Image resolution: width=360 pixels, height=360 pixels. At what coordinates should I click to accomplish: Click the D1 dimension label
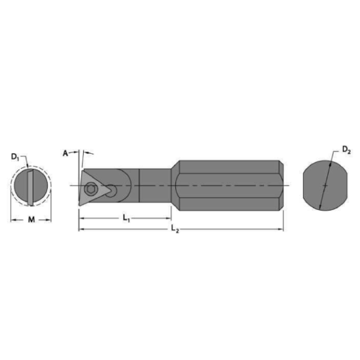15,158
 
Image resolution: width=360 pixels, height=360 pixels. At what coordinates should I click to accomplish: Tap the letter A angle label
65,153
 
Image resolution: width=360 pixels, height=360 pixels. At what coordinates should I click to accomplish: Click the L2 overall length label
174,228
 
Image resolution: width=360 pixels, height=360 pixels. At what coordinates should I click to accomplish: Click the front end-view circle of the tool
31,186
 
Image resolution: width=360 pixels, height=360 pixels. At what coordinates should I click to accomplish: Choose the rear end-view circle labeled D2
324,186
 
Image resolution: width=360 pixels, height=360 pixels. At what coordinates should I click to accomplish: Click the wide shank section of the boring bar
229,185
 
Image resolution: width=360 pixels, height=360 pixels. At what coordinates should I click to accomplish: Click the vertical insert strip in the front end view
29,186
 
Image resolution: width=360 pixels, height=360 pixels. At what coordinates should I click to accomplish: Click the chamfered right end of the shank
281,185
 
